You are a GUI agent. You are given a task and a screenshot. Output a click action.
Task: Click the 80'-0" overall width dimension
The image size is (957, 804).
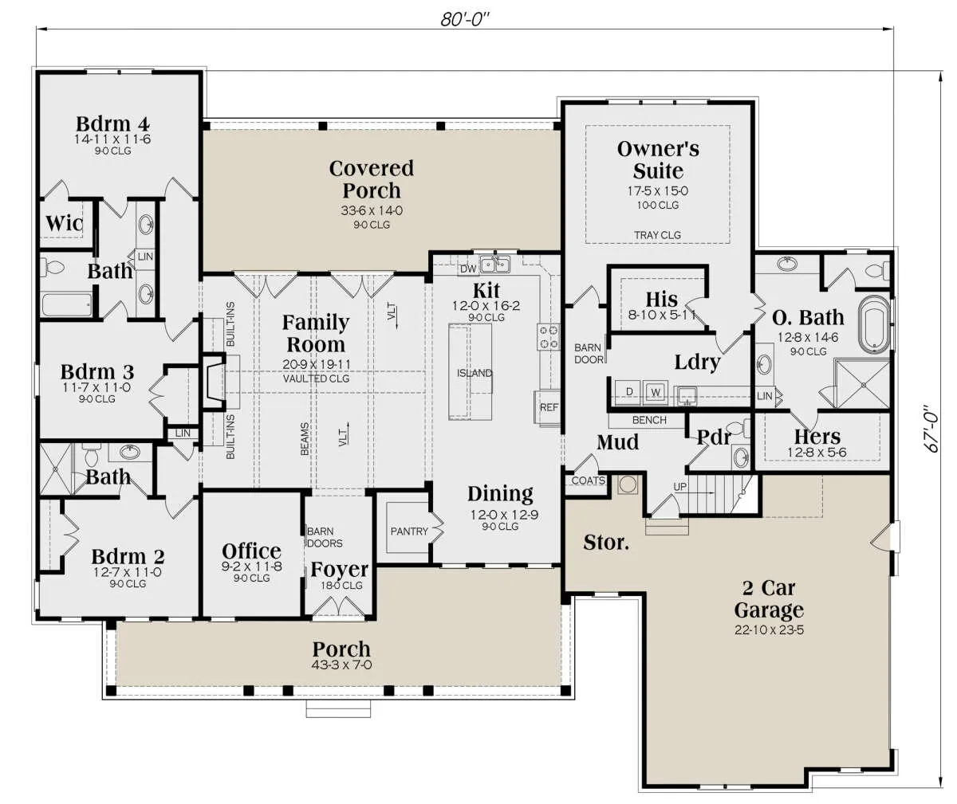point(465,19)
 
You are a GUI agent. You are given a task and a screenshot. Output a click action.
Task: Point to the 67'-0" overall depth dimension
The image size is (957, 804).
point(933,429)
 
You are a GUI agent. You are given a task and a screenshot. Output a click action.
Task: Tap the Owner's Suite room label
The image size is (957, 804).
point(658,160)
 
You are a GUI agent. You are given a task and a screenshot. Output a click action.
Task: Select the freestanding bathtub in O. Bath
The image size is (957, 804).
point(874,324)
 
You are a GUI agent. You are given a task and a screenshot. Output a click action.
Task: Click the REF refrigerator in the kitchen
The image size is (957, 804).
point(548,407)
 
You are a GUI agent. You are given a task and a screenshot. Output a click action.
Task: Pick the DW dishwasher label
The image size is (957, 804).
point(468,269)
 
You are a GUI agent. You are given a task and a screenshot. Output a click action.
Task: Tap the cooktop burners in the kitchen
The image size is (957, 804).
point(549,336)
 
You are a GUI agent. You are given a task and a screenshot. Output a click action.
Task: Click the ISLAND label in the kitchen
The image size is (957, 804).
point(475,373)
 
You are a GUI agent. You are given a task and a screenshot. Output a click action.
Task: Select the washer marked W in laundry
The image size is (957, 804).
point(656,392)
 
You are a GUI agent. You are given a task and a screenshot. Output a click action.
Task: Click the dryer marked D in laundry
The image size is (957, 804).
point(629,392)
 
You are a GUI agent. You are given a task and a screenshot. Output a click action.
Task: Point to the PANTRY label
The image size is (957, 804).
point(409,531)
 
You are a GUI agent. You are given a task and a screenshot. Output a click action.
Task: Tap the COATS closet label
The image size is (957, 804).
point(588,480)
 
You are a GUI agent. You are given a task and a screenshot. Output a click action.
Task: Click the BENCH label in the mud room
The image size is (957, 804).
point(649,420)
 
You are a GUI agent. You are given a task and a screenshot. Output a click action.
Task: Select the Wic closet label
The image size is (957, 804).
point(64,223)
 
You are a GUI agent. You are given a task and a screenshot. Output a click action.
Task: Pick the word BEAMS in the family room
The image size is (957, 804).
point(305,439)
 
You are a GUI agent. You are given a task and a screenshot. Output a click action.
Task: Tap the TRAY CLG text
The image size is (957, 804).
point(658,235)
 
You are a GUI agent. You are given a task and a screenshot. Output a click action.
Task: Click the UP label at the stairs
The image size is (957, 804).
point(679,487)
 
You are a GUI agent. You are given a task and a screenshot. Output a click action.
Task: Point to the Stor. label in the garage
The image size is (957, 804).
point(606,543)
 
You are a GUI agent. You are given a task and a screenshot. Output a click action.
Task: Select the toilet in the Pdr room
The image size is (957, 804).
point(738,428)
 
